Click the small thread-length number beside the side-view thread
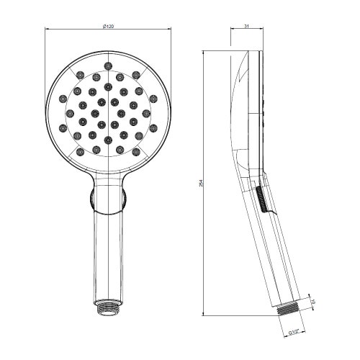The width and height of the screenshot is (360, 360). tap(314, 302)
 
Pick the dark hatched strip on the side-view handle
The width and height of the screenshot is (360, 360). tap(261, 199)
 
